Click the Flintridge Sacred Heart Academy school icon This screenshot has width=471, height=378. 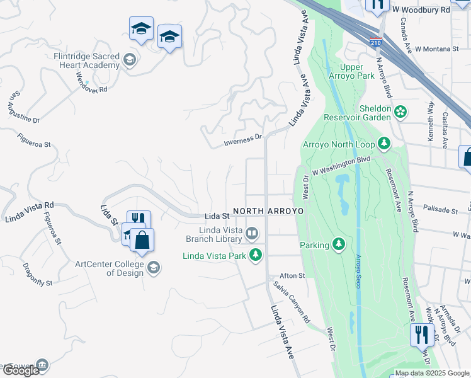130,60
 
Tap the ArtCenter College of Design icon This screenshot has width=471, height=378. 153,269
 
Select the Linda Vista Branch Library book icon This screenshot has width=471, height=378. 252,234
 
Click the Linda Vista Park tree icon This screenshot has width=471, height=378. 256,255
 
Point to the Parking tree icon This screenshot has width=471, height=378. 339,244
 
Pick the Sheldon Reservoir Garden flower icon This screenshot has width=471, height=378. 400,113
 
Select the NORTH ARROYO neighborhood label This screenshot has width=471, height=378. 268,210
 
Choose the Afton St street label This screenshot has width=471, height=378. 292,276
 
